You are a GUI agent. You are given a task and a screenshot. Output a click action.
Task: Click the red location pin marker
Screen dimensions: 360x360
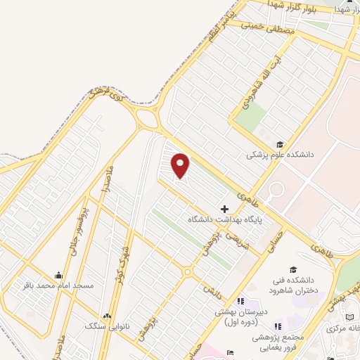pos(181,165)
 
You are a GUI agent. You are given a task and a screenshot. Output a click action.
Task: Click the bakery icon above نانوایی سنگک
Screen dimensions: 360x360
pos(108,316)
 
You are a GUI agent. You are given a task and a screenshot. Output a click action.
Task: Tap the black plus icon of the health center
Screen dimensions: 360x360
pos(224,209)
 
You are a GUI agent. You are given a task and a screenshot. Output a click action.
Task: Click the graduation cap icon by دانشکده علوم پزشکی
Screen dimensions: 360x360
pos(281,143)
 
